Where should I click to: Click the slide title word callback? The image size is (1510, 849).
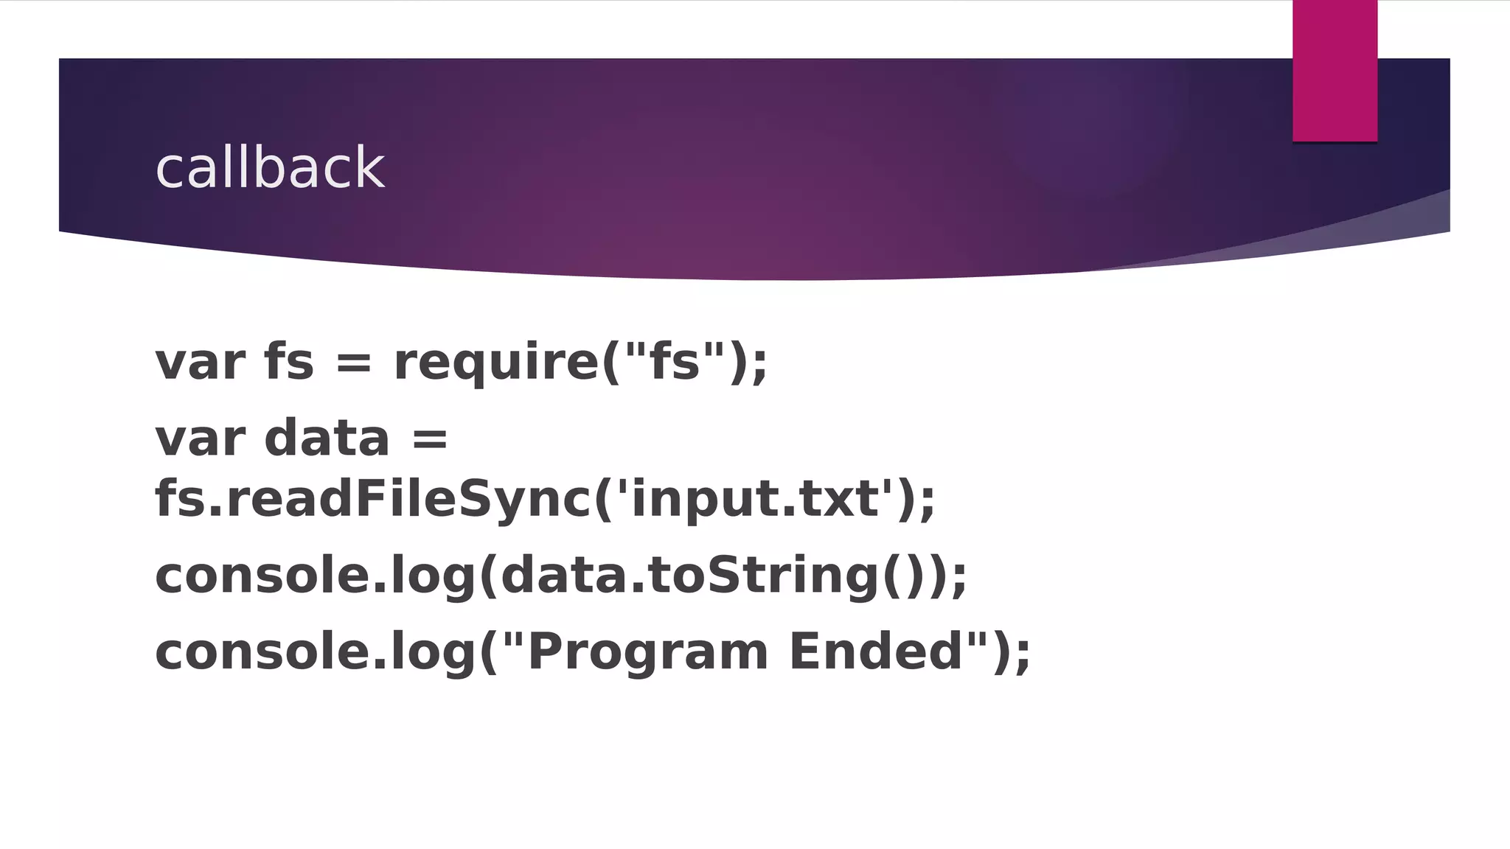270,168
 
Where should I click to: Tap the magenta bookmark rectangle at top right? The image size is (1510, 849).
1335,71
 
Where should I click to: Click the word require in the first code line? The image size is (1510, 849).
496,363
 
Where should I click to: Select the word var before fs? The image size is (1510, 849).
199,363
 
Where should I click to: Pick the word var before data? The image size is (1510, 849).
199,439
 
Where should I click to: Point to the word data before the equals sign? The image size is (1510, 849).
326,439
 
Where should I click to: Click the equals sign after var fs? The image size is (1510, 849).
354,363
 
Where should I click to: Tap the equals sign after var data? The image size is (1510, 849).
430,439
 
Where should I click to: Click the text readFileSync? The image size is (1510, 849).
408,499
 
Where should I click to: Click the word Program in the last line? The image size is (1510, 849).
648,652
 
